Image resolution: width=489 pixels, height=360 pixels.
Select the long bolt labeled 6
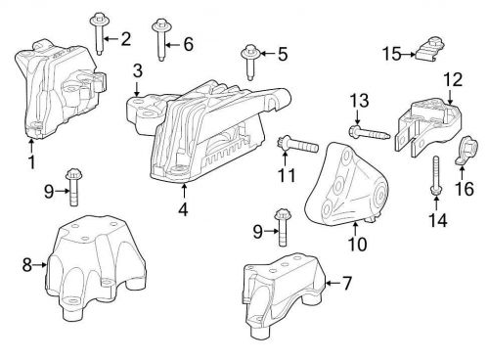tap(159, 41)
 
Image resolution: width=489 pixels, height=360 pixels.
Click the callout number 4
tap(183, 208)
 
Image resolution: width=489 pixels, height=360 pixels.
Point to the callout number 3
tap(138, 69)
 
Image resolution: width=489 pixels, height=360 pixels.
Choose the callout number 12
tap(452, 78)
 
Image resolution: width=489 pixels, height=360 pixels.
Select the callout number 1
tap(31, 159)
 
